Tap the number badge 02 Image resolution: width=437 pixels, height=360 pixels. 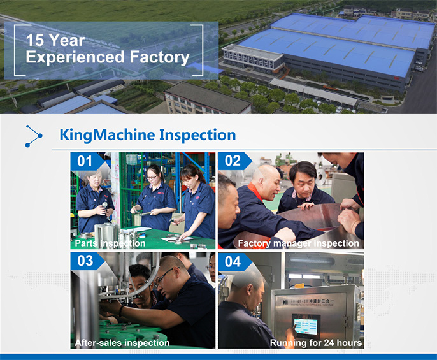coord(233,161)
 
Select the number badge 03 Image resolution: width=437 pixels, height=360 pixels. coord(85,261)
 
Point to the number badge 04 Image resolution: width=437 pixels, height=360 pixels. coord(233,262)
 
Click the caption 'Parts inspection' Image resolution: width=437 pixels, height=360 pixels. coord(110,243)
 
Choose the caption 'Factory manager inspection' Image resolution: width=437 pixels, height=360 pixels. coord(298,243)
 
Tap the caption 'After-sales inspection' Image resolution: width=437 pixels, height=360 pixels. coord(122,343)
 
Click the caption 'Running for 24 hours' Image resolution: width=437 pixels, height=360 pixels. coord(316,343)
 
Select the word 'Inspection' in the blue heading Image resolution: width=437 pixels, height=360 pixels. coord(197,135)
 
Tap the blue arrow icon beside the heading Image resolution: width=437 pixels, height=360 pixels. coord(33,136)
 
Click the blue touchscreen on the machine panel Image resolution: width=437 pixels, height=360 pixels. coord(304,326)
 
